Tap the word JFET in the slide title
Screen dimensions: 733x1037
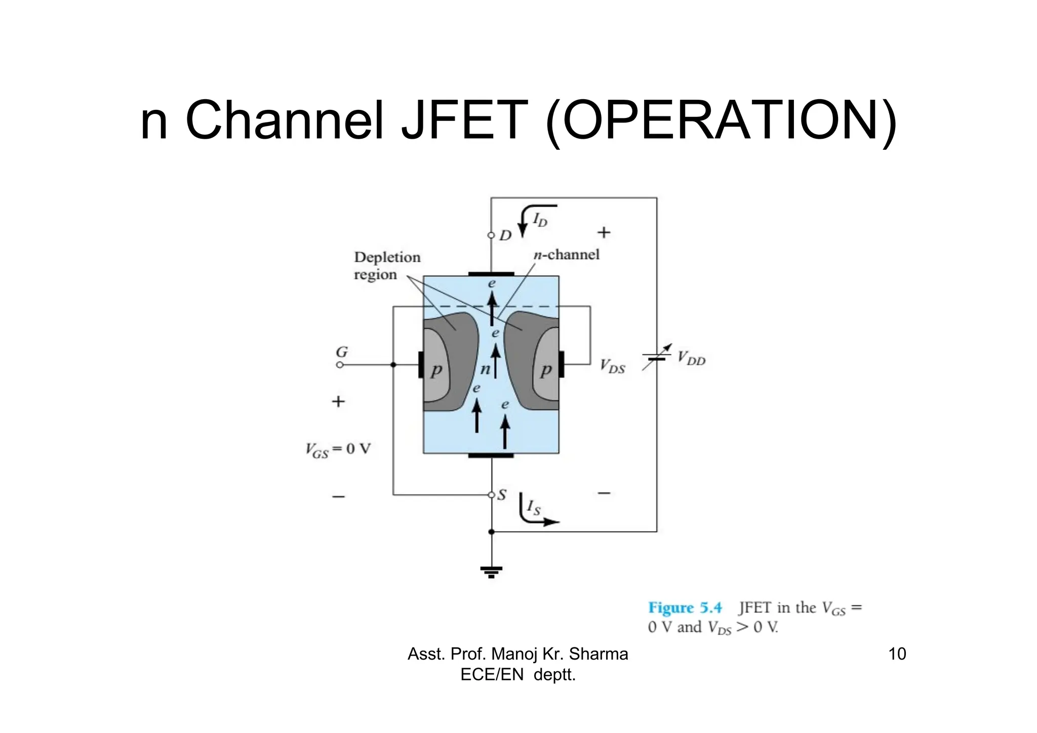point(464,120)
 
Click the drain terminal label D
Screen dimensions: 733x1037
point(505,235)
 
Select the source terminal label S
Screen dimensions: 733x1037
point(502,495)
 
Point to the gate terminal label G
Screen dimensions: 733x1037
point(342,352)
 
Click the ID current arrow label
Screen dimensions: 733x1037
point(540,220)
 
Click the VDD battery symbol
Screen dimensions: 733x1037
point(657,357)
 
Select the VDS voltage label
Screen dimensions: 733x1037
point(613,366)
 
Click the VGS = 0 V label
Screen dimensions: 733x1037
point(338,450)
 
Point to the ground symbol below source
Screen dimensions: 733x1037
point(491,572)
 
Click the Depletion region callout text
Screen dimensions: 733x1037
point(387,266)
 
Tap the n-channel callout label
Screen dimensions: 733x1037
point(567,255)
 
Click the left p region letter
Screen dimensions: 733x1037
point(436,371)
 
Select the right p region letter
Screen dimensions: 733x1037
point(545,371)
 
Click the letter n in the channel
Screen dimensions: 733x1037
point(485,370)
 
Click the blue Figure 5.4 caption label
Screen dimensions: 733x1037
point(685,607)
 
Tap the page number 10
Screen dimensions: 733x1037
point(897,654)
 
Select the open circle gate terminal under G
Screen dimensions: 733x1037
point(340,364)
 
